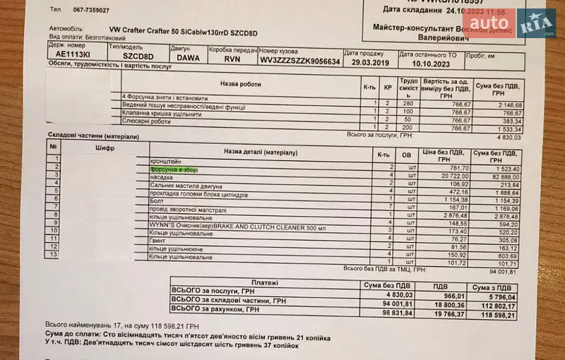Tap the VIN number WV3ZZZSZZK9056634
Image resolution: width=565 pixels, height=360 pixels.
point(299,61)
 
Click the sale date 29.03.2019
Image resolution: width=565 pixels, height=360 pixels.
point(367,63)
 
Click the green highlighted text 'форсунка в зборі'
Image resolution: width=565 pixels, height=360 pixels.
point(175,170)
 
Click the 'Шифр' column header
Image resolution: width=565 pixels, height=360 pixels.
point(104,148)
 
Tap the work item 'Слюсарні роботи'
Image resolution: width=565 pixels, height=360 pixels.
point(148,121)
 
